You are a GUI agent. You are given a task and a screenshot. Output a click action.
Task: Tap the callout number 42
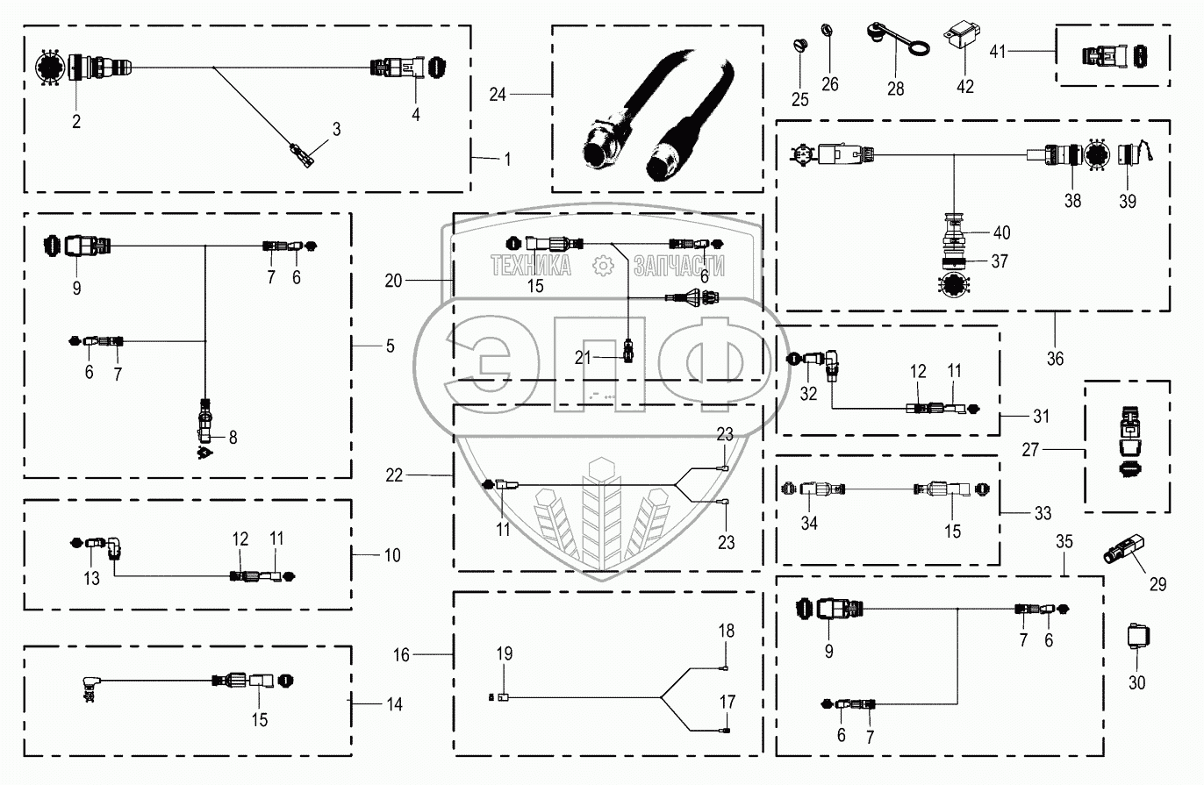tap(965, 86)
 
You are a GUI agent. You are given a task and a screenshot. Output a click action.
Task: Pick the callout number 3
tap(336, 128)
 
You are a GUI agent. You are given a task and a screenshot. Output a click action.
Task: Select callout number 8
tap(233, 436)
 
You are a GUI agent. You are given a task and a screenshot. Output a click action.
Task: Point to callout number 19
tap(504, 653)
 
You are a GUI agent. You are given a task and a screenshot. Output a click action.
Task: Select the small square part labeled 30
tap(1137, 637)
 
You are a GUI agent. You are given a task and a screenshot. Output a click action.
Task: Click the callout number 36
tap(1055, 358)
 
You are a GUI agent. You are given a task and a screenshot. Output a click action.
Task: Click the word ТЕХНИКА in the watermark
tap(531, 265)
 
